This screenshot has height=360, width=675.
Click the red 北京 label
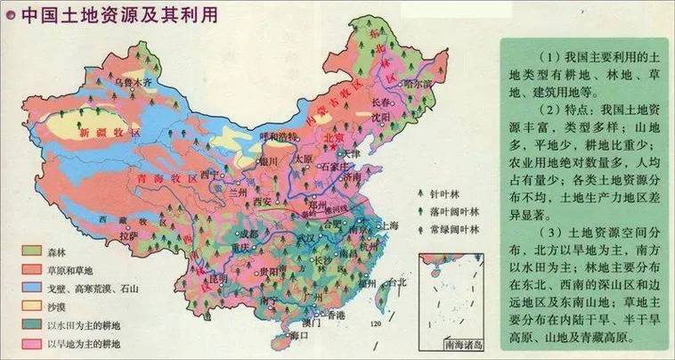point(333,138)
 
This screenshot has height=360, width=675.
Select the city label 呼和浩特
point(278,135)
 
